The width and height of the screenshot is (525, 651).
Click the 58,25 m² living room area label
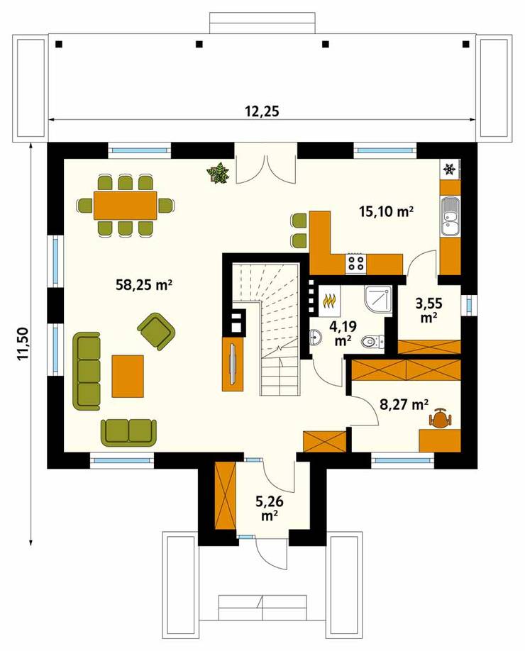(x=145, y=284)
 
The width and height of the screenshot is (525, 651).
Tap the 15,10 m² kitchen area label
(x=385, y=211)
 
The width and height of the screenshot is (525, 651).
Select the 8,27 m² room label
(x=404, y=405)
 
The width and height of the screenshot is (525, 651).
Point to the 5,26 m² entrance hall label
(x=270, y=508)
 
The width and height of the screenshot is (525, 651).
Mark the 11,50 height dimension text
(x=23, y=345)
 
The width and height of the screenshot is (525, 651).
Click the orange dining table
(x=126, y=206)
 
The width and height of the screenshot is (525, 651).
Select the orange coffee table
(x=128, y=376)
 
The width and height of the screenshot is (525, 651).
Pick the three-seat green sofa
(x=89, y=369)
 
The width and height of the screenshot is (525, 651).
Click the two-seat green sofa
(x=129, y=430)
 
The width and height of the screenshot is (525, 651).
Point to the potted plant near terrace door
(x=218, y=173)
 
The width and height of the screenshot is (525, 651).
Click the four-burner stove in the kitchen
(x=356, y=263)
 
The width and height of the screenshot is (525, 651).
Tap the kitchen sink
(x=449, y=216)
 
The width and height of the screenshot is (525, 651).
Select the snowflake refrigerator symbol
(x=448, y=169)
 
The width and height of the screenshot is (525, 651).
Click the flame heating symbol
(x=329, y=302)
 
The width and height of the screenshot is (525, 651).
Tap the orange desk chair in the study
(x=441, y=420)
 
